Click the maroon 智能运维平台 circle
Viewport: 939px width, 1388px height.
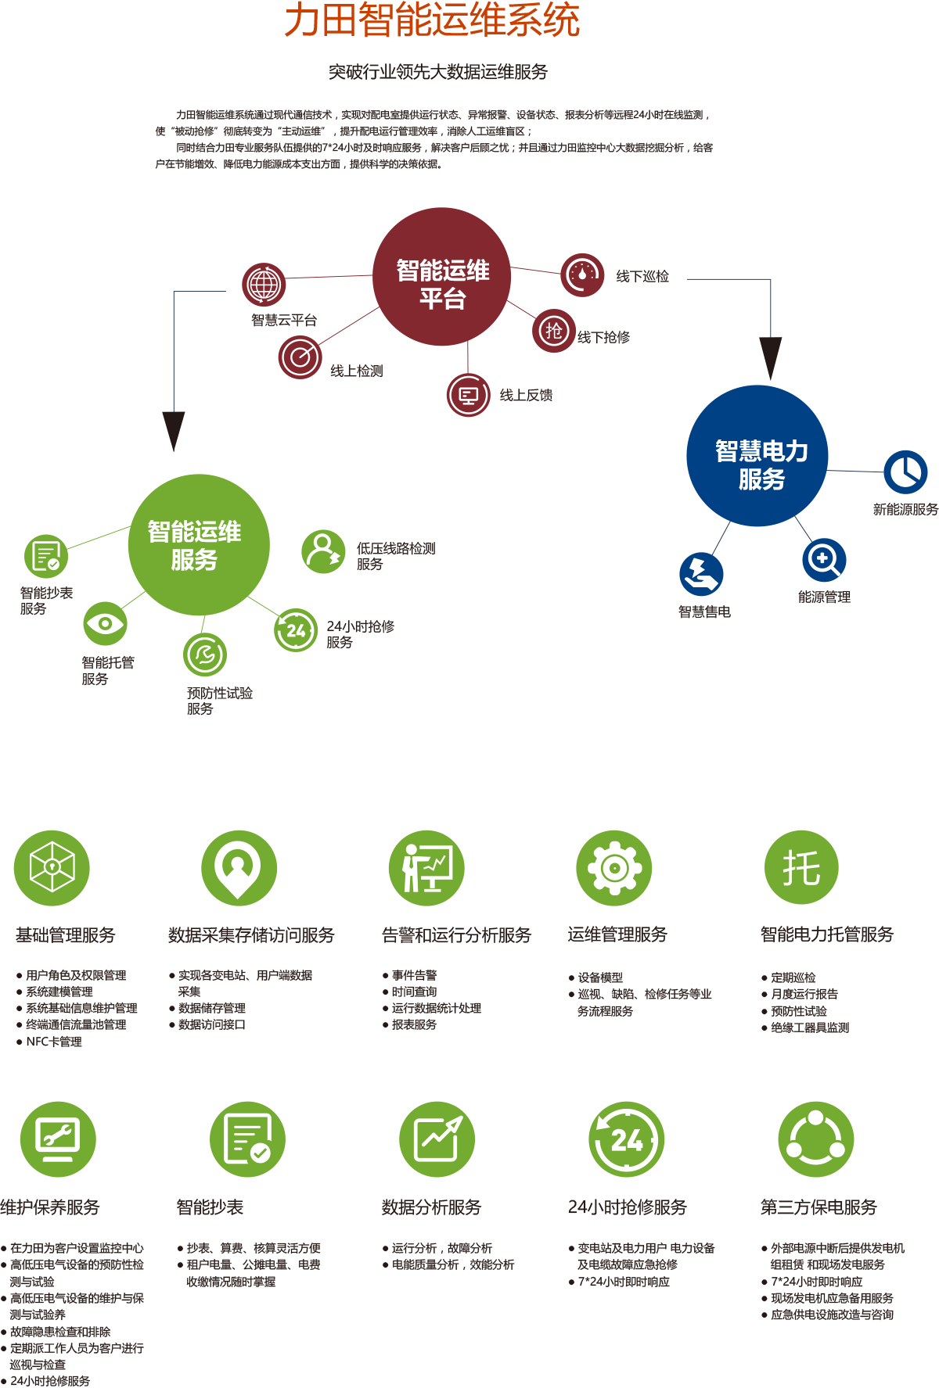(x=442, y=277)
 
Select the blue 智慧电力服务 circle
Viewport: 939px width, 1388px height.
(x=757, y=456)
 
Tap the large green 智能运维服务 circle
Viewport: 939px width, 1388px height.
(x=199, y=545)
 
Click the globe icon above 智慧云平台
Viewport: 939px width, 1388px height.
(x=264, y=285)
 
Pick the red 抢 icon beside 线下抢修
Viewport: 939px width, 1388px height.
(x=554, y=331)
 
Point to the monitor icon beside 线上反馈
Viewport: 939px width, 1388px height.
(x=468, y=395)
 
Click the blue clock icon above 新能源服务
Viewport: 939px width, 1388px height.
(x=905, y=472)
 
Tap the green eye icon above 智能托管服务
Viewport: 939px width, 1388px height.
(x=105, y=623)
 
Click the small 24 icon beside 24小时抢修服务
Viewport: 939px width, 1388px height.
(x=296, y=630)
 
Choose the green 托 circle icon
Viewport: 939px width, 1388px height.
(x=801, y=868)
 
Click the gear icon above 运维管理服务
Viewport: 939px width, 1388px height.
(x=614, y=868)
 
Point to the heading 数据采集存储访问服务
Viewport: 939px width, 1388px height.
(x=251, y=935)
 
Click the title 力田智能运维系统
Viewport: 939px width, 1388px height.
(x=432, y=20)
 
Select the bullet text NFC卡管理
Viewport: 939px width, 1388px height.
(x=53, y=1042)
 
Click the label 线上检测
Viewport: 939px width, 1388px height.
(x=357, y=371)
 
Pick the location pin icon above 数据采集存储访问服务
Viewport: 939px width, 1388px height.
(x=239, y=866)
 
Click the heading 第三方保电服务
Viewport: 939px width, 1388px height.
(x=818, y=1207)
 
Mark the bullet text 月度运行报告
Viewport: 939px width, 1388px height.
(x=804, y=994)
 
